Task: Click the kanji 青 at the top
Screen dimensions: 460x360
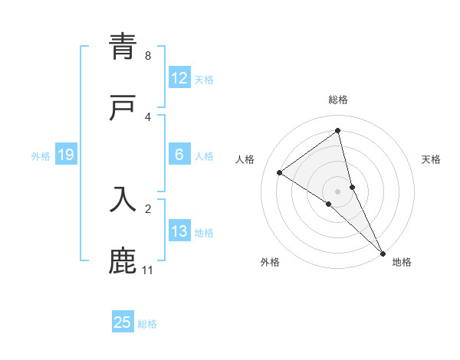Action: (123, 47)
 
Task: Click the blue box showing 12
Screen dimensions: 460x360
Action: (179, 78)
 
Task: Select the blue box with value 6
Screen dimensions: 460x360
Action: (179, 155)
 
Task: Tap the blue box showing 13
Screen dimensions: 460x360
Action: (179, 231)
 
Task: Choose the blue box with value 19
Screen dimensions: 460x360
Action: (66, 155)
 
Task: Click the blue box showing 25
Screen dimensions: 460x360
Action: (123, 322)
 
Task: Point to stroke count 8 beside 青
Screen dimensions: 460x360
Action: (148, 56)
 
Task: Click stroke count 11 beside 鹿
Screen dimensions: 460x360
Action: (147, 270)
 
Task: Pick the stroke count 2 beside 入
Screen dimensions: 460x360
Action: (148, 208)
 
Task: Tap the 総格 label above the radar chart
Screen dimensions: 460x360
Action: (338, 100)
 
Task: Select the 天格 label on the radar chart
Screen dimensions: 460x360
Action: (431, 159)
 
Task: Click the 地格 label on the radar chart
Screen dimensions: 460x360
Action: (402, 262)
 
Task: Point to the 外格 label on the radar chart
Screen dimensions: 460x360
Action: (270, 262)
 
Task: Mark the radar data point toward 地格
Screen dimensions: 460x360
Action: (383, 253)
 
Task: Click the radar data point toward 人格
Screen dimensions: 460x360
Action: (280, 172)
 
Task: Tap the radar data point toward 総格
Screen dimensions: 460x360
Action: (338, 130)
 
